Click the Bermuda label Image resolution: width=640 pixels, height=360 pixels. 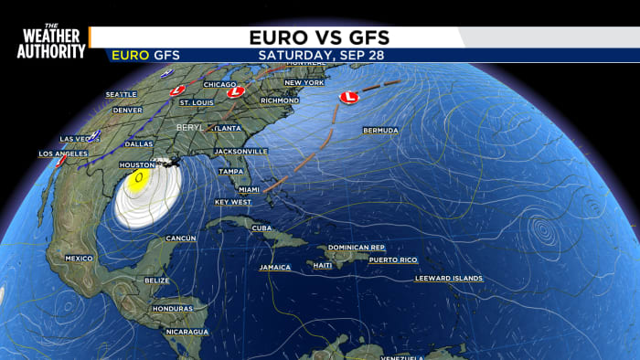click(x=380, y=131)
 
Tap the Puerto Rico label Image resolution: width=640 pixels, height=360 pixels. click(x=392, y=260)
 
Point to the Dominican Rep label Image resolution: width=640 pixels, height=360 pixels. click(x=356, y=248)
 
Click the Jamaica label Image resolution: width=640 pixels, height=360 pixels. click(x=274, y=268)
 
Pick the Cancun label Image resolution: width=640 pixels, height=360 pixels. click(x=181, y=238)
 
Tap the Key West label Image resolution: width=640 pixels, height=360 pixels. click(x=232, y=202)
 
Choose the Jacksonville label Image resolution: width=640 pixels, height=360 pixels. click(x=240, y=151)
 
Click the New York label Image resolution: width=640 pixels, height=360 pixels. click(x=304, y=83)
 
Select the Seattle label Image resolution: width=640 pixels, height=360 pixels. click(x=121, y=94)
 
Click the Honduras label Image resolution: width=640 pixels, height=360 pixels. click(x=173, y=309)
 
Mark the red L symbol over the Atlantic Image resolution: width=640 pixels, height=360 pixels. click(x=347, y=96)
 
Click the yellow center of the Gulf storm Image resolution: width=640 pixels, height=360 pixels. click(x=139, y=178)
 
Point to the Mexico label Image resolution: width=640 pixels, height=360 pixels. click(x=80, y=259)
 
